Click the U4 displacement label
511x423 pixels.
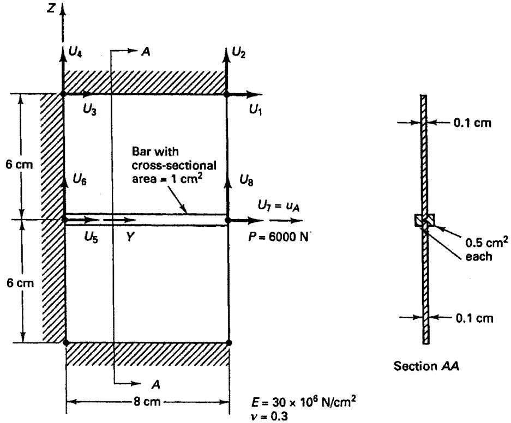pyautogui.click(x=75, y=52)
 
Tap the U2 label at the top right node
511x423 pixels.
pyautogui.click(x=238, y=52)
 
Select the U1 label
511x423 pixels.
pyautogui.click(x=255, y=110)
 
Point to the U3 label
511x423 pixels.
pyautogui.click(x=89, y=111)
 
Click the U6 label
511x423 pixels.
pyautogui.click(x=80, y=179)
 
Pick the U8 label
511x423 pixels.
pyautogui.click(x=247, y=179)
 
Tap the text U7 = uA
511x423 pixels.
pyautogui.click(x=278, y=206)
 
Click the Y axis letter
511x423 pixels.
pyautogui.click(x=130, y=237)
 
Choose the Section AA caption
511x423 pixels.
pyautogui.click(x=426, y=366)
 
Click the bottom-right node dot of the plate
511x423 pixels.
pyautogui.click(x=229, y=342)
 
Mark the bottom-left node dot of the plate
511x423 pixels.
pyautogui.click(x=65, y=342)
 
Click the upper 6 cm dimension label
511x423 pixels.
pyautogui.click(x=19, y=165)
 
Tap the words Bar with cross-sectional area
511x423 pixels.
pyautogui.click(x=174, y=165)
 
